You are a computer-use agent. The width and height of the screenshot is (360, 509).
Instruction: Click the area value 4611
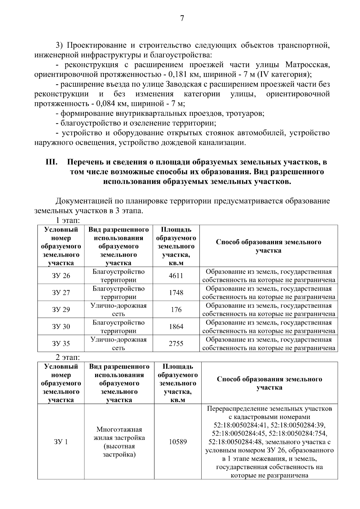click(x=176, y=276)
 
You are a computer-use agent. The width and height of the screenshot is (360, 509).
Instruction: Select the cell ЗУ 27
click(x=61, y=293)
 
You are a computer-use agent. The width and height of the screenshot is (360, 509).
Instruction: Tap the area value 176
click(x=176, y=310)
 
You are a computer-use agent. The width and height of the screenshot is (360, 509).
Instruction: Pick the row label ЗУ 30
click(x=61, y=327)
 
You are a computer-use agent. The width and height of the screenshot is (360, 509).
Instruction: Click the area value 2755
click(x=176, y=344)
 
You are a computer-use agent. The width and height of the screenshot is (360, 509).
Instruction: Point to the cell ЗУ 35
click(x=61, y=344)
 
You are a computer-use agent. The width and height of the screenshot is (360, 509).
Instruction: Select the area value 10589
click(x=178, y=442)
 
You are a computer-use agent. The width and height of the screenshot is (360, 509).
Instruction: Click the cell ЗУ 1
click(x=61, y=442)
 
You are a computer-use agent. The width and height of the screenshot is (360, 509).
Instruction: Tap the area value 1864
click(x=176, y=327)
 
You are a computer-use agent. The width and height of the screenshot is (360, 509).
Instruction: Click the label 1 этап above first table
click(x=68, y=221)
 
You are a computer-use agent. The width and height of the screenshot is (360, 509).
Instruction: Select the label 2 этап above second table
click(x=68, y=358)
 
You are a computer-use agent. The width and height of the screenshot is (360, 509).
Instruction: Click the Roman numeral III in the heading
click(x=51, y=162)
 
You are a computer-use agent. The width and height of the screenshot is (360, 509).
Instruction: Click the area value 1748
click(x=176, y=293)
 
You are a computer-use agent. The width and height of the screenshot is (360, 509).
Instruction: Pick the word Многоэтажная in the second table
click(x=119, y=430)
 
